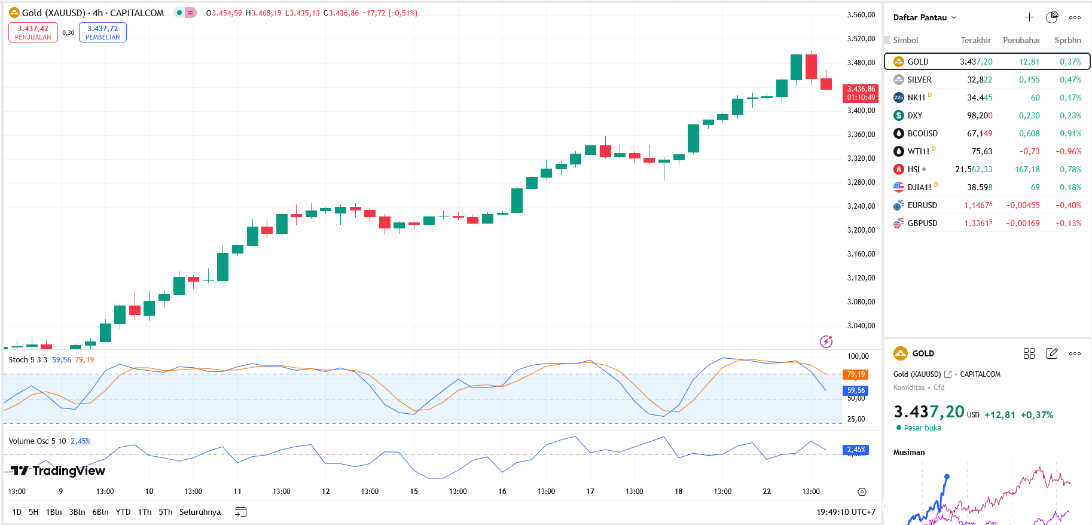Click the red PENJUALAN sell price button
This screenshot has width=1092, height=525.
[33, 32]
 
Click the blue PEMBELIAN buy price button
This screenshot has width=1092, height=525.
[102, 32]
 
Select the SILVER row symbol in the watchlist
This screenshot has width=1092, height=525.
[919, 80]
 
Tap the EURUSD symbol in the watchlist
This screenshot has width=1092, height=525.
[922, 205]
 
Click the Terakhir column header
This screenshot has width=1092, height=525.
[975, 40]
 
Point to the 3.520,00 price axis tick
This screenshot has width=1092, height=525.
[861, 39]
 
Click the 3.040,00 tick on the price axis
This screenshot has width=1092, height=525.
[861, 326]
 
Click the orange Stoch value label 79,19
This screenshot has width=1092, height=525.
[856, 374]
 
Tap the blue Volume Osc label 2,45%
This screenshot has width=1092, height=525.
[856, 450]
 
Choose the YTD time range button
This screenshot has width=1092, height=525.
[123, 512]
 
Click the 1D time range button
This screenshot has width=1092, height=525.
[17, 512]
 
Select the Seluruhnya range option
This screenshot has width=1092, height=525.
[200, 512]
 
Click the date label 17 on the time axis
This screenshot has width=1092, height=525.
[590, 492]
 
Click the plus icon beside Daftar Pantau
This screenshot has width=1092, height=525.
[1029, 17]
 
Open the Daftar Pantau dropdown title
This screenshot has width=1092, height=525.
[924, 17]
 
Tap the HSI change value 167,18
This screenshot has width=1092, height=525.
[1027, 169]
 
